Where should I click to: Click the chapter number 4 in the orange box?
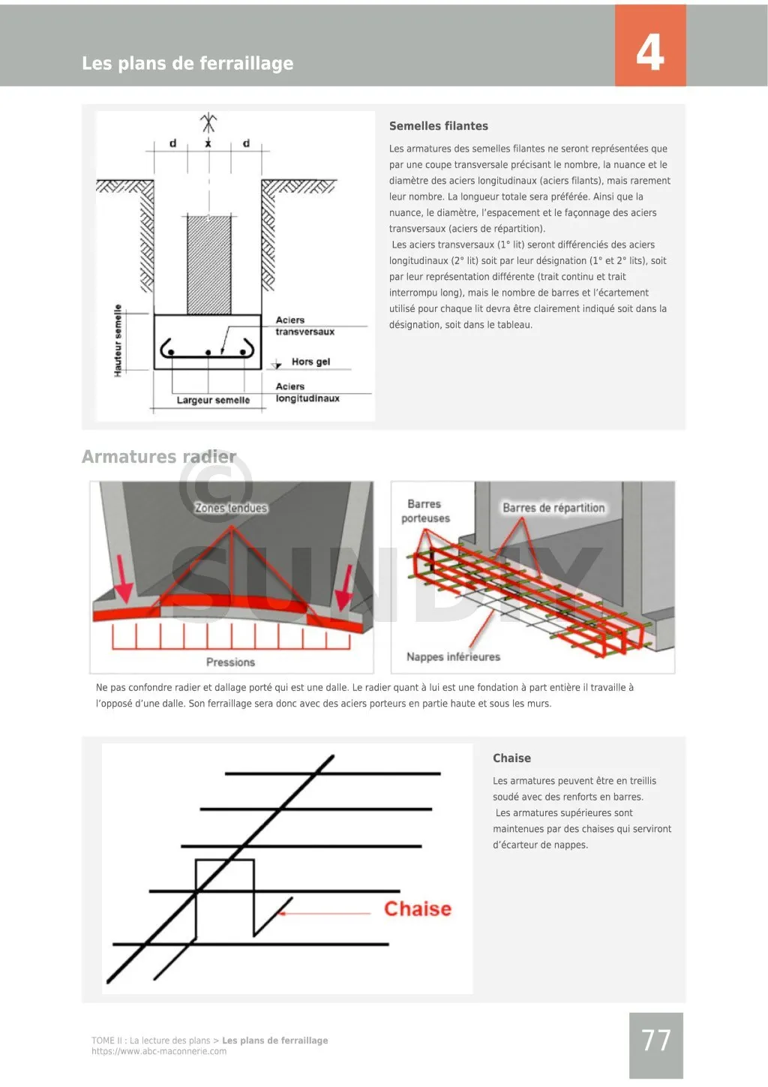[650, 53]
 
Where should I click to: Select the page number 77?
[656, 1040]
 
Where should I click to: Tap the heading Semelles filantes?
[439, 126]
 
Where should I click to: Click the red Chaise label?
[418, 908]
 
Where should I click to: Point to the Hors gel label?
[310, 362]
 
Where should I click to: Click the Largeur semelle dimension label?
[213, 401]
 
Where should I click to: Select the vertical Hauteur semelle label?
[118, 341]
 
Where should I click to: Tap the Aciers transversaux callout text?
[304, 326]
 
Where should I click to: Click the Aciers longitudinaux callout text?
[307, 392]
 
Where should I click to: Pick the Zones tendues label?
[231, 508]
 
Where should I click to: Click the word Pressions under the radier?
[230, 662]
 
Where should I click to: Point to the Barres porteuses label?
[425, 511]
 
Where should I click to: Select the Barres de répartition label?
[553, 508]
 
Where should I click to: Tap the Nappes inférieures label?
[453, 656]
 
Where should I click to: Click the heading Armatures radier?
[159, 457]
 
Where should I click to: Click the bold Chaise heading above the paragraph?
[511, 758]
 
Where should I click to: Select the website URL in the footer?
[159, 1051]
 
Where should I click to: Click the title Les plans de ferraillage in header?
[187, 63]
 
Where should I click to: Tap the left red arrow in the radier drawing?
[123, 582]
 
